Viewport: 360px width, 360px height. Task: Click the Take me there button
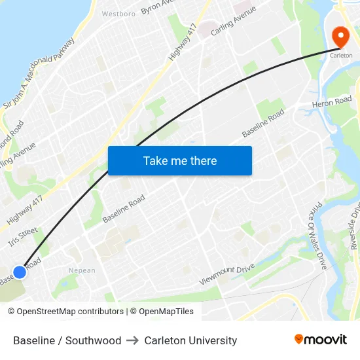(180, 160)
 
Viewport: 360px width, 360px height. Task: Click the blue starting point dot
(20, 272)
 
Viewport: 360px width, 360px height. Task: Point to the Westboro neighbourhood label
(118, 13)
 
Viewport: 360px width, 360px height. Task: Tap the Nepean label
(82, 270)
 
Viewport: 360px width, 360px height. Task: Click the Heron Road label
(332, 103)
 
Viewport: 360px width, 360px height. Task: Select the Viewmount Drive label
(226, 275)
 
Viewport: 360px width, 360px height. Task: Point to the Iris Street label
(23, 237)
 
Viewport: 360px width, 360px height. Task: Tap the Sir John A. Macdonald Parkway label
(39, 72)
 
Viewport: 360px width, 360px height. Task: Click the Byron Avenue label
(160, 7)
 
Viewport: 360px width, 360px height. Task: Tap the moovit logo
(320, 339)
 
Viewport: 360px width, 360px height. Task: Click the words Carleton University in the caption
(190, 340)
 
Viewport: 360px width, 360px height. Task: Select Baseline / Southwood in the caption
(67, 340)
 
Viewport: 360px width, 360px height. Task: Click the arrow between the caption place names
(133, 340)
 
